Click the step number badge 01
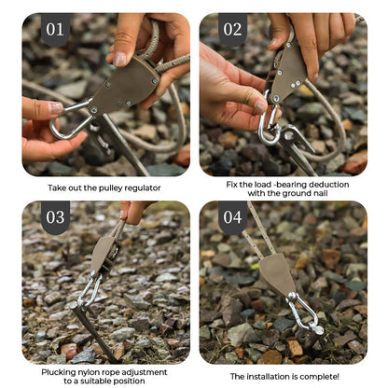pyautogui.click(x=56, y=30)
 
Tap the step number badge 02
pyautogui.click(x=233, y=30)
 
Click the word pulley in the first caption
pyautogui.click(x=113, y=187)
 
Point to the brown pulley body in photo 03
pyautogui.click(x=103, y=254)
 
